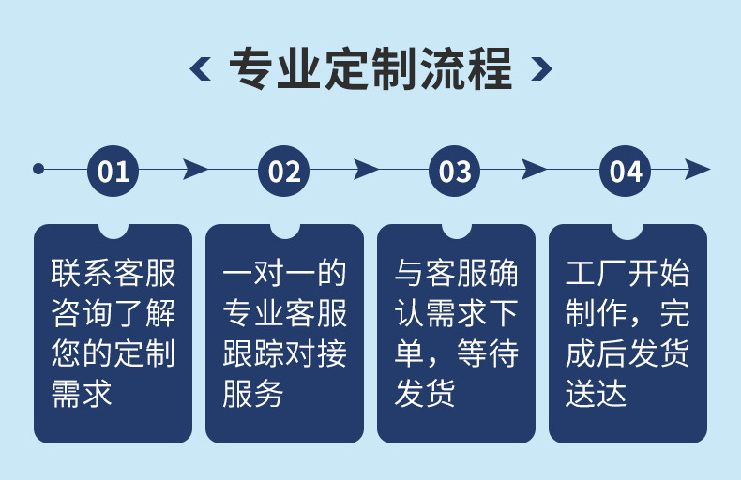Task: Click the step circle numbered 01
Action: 113,171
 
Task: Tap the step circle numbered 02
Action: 284,171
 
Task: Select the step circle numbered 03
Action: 455,171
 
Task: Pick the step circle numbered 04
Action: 626,171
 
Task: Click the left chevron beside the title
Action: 201,68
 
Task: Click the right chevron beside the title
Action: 540,68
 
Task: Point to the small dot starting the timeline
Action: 38,170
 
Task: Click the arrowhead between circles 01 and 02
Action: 195,170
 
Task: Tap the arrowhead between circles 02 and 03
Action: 366,170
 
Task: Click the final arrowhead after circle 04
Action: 697,170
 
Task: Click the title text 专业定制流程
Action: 370,68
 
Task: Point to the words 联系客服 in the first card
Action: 113,273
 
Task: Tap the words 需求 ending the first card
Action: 82,393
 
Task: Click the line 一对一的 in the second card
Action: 284,273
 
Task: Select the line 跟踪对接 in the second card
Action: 284,353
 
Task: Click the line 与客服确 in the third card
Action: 456,273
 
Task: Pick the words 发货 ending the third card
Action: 425,393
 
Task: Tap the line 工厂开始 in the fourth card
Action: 627,273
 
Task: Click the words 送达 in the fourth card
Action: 596,393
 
